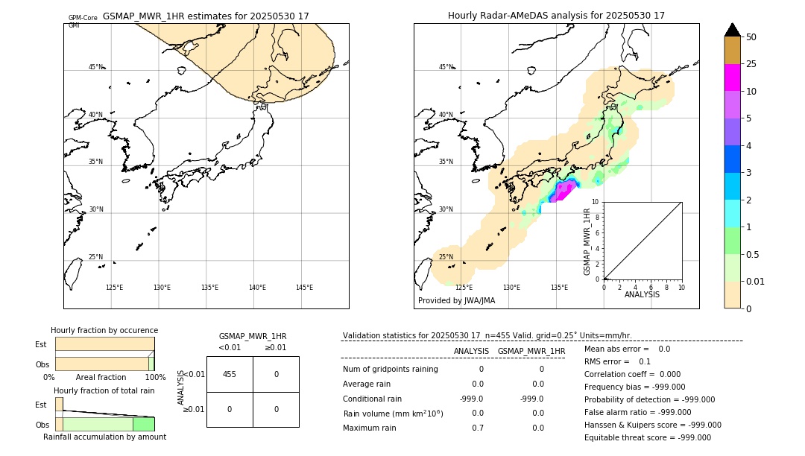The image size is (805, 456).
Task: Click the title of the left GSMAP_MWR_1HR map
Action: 206,16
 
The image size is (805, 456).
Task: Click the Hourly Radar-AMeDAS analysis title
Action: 556,16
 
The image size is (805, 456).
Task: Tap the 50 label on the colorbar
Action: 751,37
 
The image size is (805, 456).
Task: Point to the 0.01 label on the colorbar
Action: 756,281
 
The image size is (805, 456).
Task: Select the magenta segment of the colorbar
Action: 732,77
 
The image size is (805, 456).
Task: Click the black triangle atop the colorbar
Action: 732,30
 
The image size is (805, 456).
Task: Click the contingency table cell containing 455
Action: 230,374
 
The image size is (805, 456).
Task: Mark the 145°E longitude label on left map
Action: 304,288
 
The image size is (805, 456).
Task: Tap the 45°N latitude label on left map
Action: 95,67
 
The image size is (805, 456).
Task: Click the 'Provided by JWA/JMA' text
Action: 456,301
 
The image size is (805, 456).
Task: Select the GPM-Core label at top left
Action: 83,18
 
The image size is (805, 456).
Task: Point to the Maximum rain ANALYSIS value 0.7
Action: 477,428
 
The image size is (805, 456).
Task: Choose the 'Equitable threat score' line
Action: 647,437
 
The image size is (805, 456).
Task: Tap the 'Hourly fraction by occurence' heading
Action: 104,330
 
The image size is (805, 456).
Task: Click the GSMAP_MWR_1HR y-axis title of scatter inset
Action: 587,241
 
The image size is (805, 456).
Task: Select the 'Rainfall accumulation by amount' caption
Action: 104,437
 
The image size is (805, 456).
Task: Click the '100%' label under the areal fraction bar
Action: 155,378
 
